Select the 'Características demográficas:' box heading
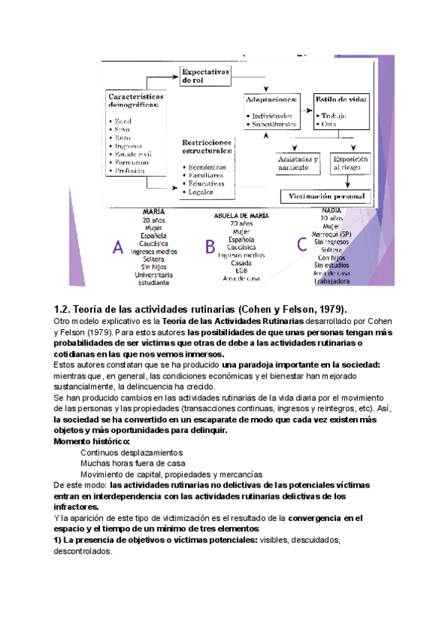coord(137,102)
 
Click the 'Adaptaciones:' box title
coord(273,99)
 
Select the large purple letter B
coord(211,247)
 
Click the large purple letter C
coord(302,244)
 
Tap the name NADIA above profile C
coord(331,210)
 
